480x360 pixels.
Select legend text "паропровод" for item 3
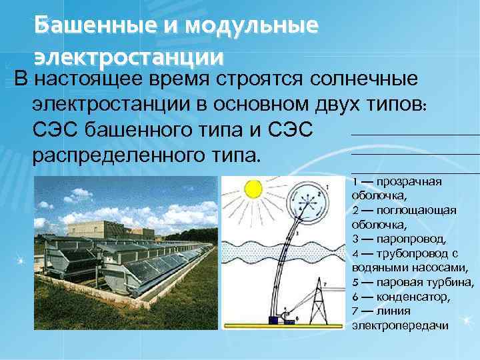pos(409,239)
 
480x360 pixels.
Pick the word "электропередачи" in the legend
pos(400,325)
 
